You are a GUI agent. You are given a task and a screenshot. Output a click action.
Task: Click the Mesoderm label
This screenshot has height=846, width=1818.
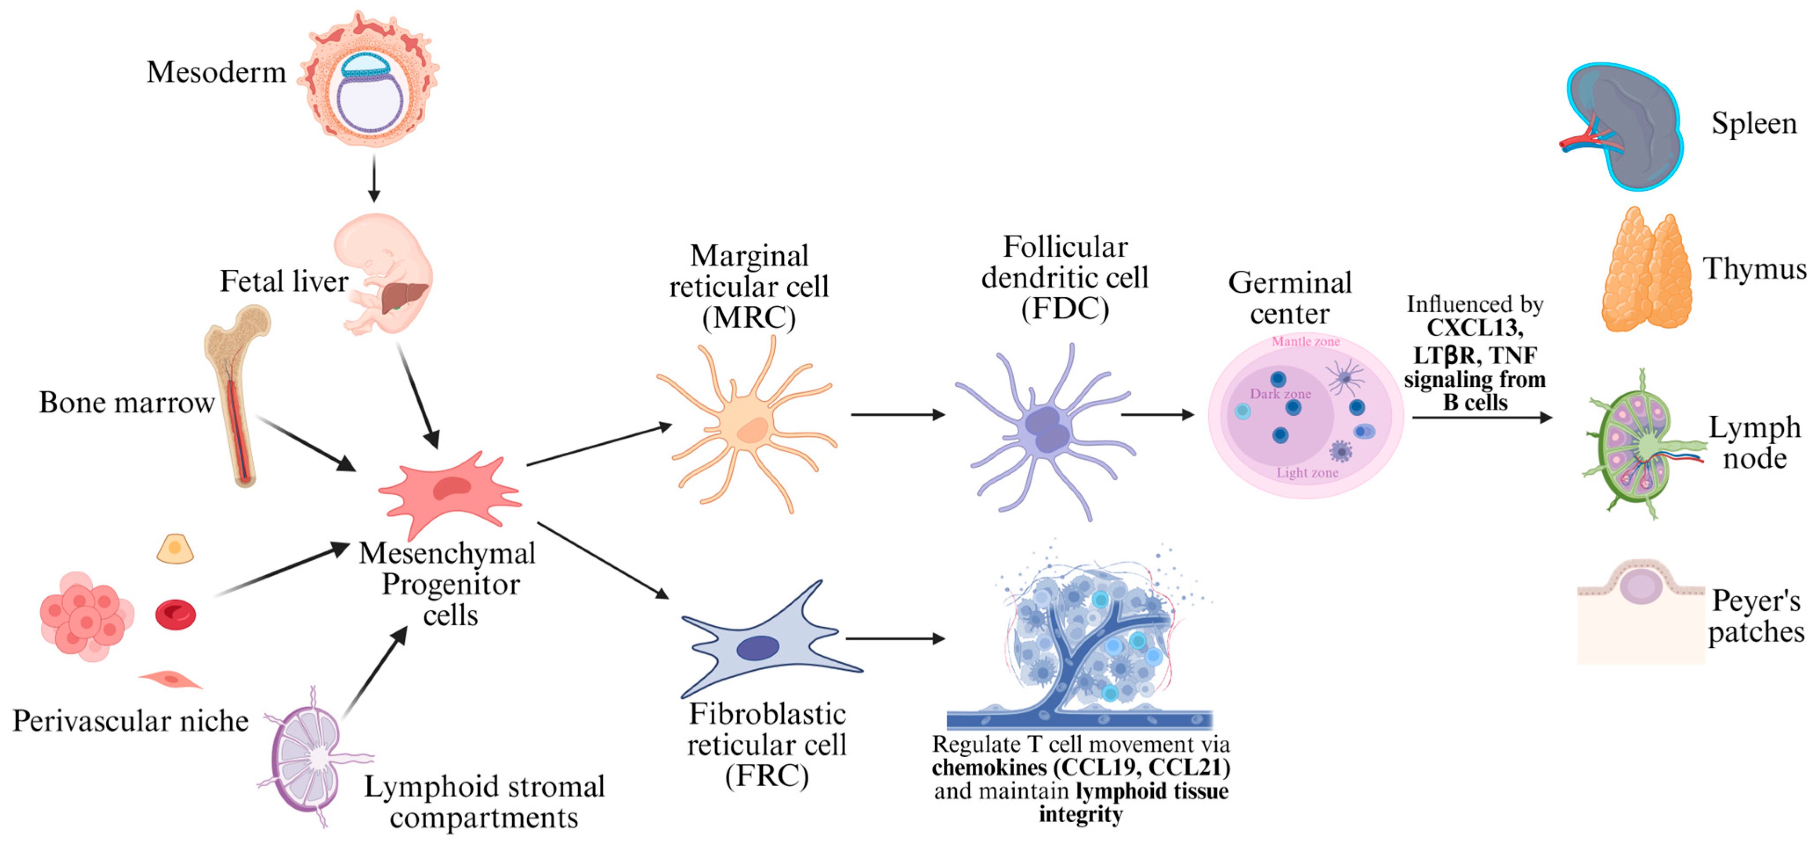click(216, 72)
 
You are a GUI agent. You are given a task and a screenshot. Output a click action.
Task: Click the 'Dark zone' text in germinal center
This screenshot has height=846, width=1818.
click(1280, 394)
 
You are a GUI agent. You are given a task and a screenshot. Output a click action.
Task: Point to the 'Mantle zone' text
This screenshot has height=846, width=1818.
click(1306, 342)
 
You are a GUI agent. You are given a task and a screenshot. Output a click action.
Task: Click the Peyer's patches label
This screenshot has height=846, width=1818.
click(1756, 616)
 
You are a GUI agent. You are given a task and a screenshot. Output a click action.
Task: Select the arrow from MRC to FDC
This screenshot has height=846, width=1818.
click(897, 414)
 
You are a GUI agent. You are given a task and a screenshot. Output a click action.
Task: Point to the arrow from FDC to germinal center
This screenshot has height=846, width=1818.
click(1157, 414)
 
